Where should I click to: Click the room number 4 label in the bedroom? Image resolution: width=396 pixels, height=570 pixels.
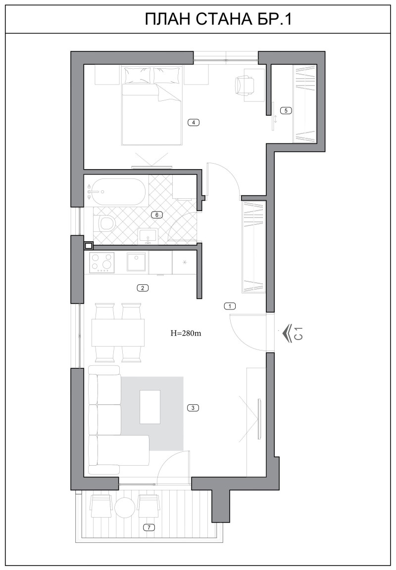[194, 123]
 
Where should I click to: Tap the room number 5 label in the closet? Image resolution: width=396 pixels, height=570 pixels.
[286, 111]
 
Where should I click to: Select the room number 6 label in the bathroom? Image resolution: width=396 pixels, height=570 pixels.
[157, 215]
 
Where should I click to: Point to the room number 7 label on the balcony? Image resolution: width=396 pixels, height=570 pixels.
[148, 527]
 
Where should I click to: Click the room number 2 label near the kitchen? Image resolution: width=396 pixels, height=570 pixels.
[143, 288]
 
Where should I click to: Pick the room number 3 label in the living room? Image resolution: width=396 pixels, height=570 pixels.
[193, 408]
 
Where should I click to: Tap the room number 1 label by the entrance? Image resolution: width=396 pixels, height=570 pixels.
[230, 306]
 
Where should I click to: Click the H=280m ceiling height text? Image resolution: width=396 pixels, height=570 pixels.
[186, 332]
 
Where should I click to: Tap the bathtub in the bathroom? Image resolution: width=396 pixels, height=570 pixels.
[116, 192]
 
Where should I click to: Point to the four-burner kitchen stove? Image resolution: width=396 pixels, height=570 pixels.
[101, 263]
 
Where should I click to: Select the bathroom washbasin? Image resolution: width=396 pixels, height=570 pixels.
[148, 235]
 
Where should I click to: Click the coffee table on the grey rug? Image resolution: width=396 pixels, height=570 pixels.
[150, 407]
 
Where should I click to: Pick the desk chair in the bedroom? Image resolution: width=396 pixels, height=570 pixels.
[244, 85]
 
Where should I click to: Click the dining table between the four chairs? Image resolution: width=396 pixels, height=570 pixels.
[118, 332]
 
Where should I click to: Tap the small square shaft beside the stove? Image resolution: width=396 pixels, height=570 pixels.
[88, 246]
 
